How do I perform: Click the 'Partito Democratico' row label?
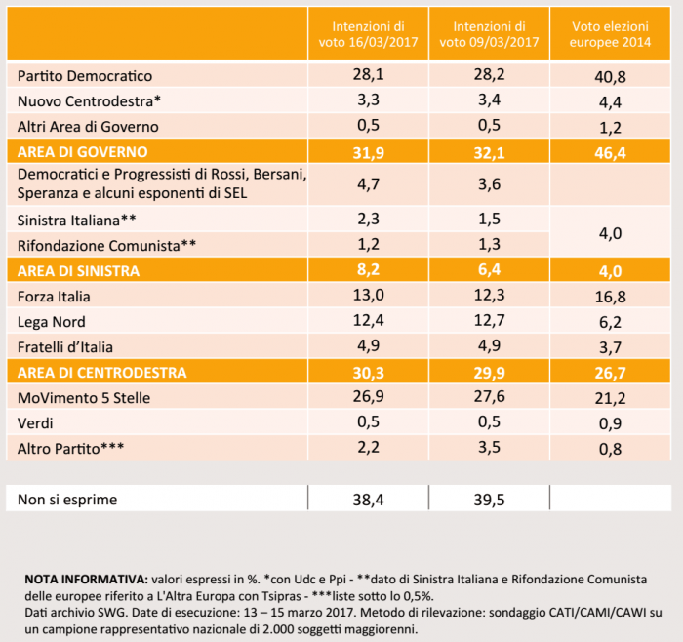pos(85,75)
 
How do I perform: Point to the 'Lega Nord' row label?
pos(53,321)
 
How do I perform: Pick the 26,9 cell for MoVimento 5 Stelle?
pos(367,397)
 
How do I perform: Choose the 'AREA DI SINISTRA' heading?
pos(79,270)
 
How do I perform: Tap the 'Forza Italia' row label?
pos(55,296)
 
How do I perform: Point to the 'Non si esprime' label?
pos(67,500)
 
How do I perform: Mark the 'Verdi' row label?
pos(38,422)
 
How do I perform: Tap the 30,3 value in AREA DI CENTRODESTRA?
pos(367,372)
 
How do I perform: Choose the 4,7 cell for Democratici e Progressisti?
pos(367,182)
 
